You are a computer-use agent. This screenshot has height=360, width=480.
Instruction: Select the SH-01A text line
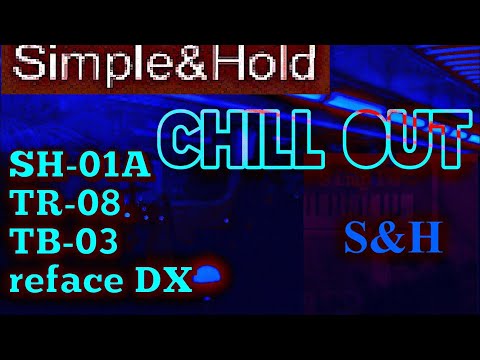pyautogui.click(x=81, y=165)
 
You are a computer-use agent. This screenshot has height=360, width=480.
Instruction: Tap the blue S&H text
pyautogui.click(x=393, y=237)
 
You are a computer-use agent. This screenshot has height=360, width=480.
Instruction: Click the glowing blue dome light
pyautogui.click(x=208, y=273)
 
